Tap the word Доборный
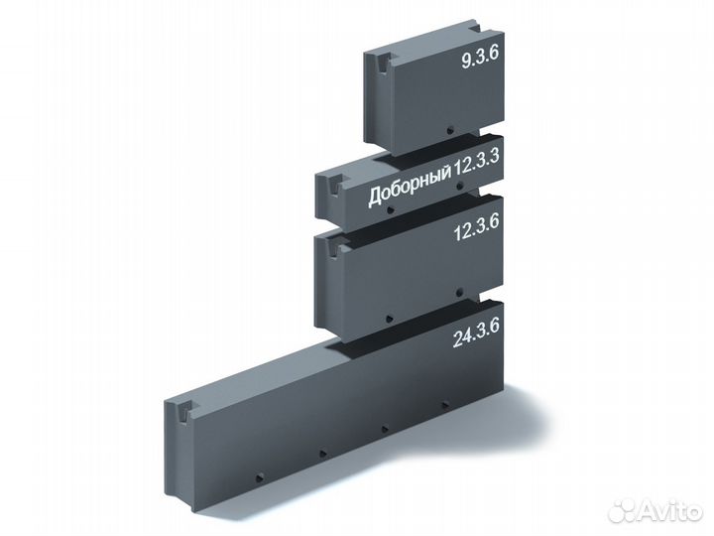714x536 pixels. coord(411,189)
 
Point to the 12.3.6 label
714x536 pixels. coord(477,227)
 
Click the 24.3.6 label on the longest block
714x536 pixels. coord(476,333)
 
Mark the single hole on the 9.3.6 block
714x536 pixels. coord(450,130)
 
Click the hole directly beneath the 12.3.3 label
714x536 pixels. coord(460,186)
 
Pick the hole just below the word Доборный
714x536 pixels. coord(390,210)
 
